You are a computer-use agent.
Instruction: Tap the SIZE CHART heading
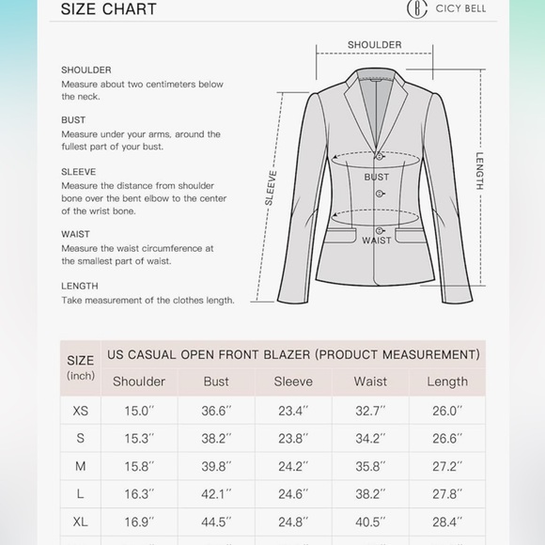[108, 9]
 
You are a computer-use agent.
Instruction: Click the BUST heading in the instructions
[73, 120]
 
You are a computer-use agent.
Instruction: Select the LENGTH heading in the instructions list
[80, 286]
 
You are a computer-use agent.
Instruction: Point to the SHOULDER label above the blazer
[374, 44]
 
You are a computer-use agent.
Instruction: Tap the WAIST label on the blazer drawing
[376, 241]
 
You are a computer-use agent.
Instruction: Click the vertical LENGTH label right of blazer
[479, 171]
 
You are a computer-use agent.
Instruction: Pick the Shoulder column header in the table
[139, 381]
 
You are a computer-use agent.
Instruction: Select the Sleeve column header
[293, 381]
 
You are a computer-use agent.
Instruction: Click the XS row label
[81, 411]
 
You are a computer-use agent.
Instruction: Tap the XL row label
[81, 522]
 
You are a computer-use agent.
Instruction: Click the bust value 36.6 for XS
[216, 411]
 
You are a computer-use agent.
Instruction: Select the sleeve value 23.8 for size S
[293, 439]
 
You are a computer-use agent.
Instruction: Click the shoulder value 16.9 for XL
[139, 522]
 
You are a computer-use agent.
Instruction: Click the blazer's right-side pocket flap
[409, 228]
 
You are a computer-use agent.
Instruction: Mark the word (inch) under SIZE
[81, 376]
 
